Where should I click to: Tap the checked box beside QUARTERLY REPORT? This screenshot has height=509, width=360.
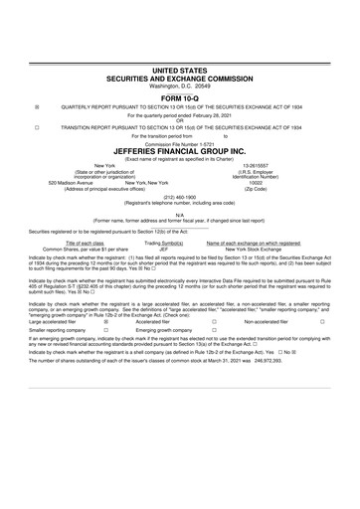click(37, 106)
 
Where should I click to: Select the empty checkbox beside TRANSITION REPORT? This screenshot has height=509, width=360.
click(37, 127)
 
